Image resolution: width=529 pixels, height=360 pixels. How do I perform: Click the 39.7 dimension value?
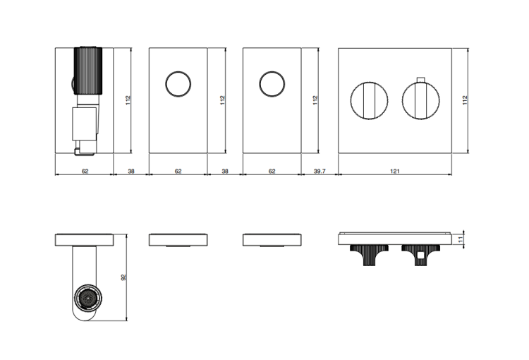tap(320, 172)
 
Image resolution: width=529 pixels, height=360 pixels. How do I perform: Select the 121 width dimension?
tap(395, 172)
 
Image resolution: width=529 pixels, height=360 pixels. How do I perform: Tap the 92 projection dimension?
tap(123, 277)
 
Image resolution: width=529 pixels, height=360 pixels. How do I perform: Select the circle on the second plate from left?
tap(178, 84)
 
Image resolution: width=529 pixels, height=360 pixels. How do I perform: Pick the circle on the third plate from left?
tap(272, 84)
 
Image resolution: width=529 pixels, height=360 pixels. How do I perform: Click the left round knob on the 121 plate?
tap(370, 100)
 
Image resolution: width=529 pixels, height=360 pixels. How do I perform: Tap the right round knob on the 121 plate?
tap(420, 100)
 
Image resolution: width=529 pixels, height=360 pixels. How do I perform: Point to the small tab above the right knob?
tap(420, 80)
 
